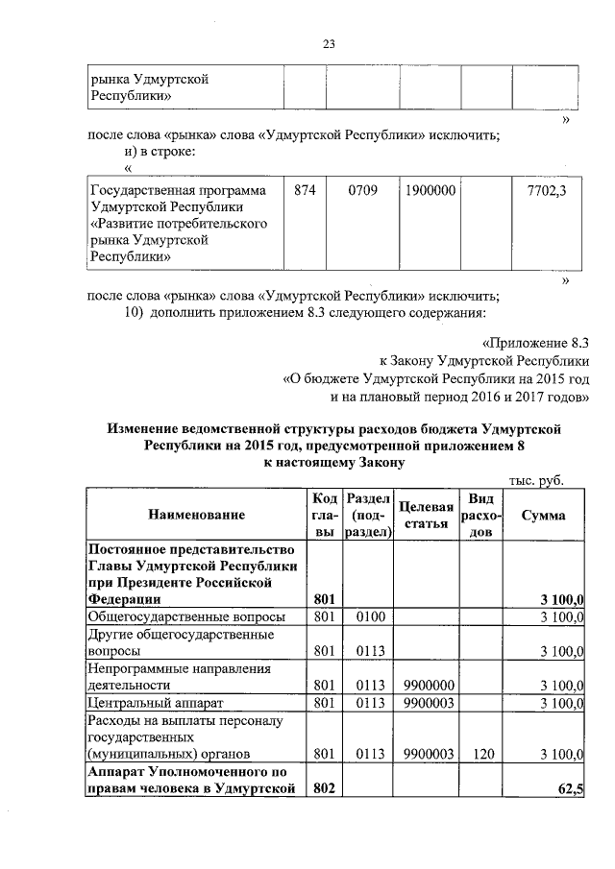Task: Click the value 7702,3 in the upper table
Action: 547,191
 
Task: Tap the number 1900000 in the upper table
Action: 430,191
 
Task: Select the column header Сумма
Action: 542,515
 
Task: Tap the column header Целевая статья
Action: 426,515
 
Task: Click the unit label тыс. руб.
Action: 534,480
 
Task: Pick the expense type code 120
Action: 480,754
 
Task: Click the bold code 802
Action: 325,789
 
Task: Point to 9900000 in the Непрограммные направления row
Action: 429,686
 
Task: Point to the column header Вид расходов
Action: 480,515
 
